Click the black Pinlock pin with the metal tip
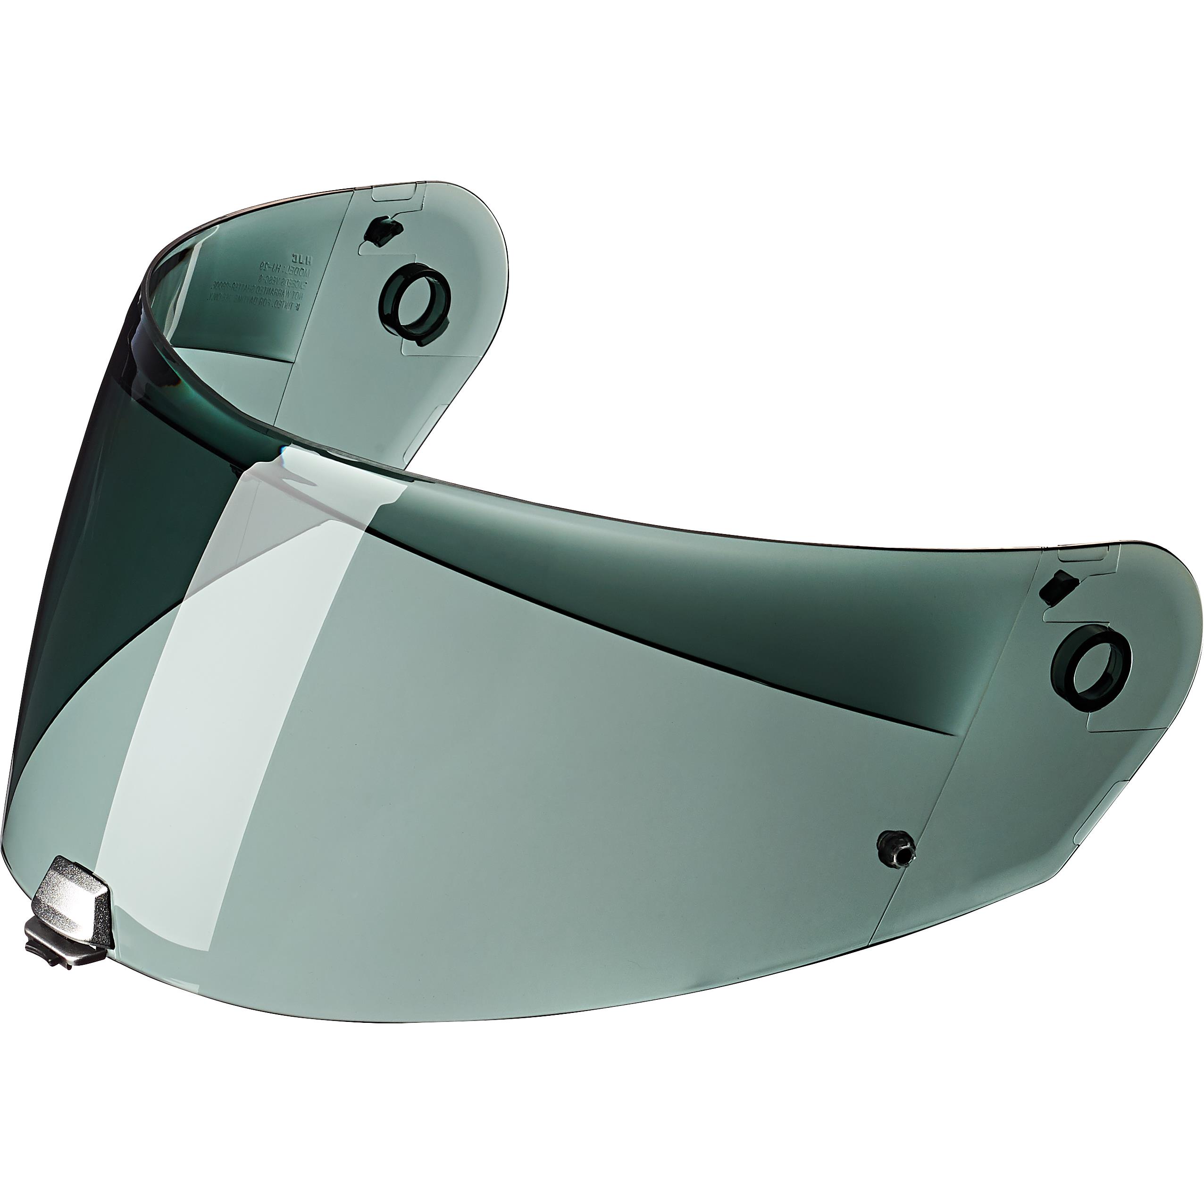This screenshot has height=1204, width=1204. [895, 849]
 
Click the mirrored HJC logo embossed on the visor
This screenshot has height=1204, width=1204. [293, 257]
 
